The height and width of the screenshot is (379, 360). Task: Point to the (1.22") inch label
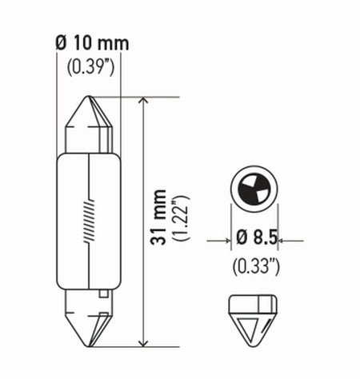[182, 220]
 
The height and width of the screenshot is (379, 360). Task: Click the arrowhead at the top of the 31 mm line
[143, 102]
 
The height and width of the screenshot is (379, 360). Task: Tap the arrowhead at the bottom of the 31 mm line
[143, 342]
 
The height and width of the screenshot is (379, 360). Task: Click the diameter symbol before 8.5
[239, 238]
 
